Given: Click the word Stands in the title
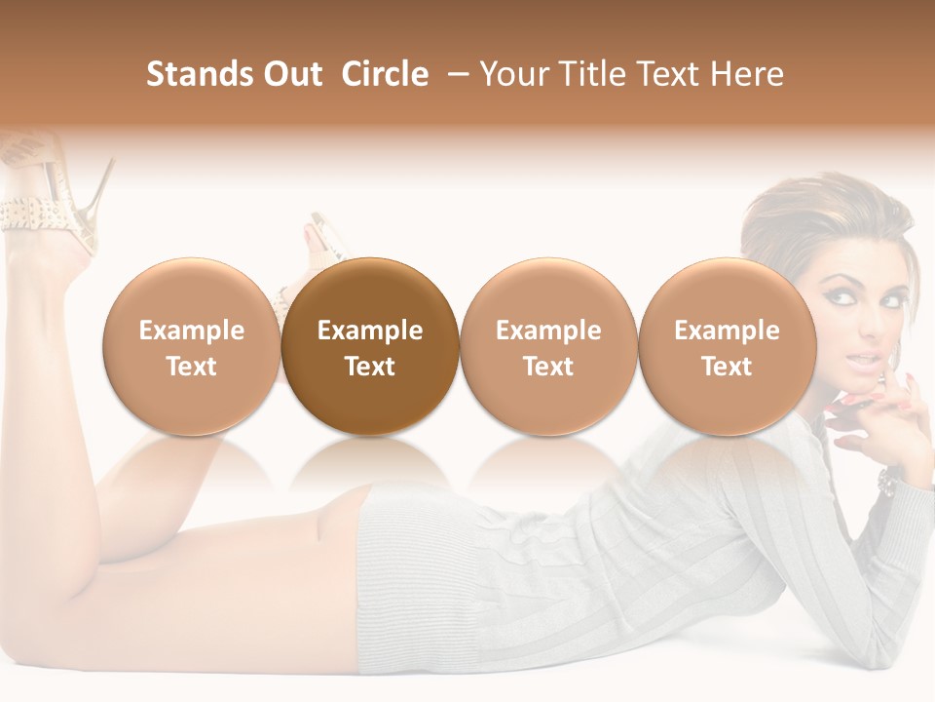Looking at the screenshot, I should pyautogui.click(x=191, y=74).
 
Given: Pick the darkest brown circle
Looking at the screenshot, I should pyautogui.click(x=370, y=346).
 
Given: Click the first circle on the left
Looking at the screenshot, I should pyautogui.click(x=192, y=346).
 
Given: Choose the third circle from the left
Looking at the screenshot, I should pyautogui.click(x=548, y=346).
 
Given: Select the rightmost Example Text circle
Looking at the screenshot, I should pyautogui.click(x=727, y=346).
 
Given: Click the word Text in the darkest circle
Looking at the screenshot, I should pyautogui.click(x=370, y=367).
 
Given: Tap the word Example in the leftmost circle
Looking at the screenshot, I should pyautogui.click(x=192, y=331).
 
